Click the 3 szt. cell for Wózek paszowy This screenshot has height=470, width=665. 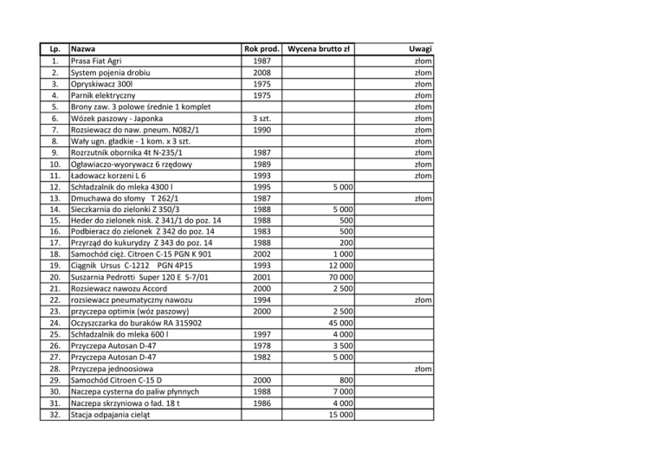pyautogui.click(x=261, y=118)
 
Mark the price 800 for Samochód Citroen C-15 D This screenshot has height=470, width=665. pyautogui.click(x=344, y=381)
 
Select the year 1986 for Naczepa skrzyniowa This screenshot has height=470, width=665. pyautogui.click(x=261, y=403)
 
